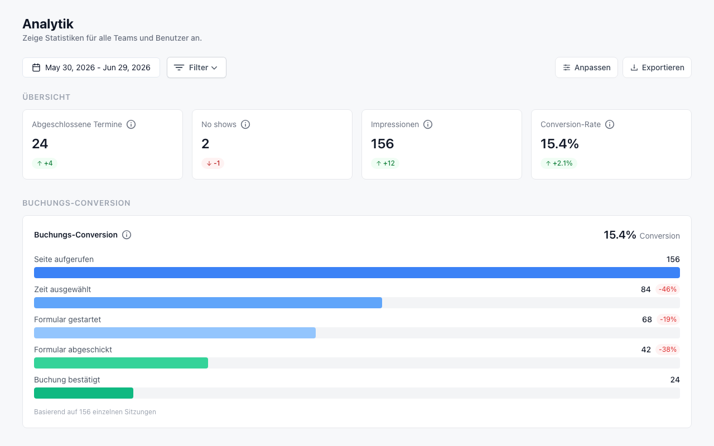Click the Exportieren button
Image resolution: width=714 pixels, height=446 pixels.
click(x=657, y=67)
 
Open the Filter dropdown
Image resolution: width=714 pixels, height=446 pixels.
click(x=196, y=67)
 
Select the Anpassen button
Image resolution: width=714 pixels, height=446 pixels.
click(x=586, y=67)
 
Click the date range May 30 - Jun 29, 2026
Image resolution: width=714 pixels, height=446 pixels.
click(x=91, y=67)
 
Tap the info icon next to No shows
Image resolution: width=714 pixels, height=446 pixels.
click(x=245, y=124)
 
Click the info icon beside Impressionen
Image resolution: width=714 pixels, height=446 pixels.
click(x=428, y=124)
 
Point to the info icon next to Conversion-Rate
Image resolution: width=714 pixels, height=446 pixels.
click(x=610, y=124)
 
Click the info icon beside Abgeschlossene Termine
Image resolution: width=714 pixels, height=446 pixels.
click(x=131, y=124)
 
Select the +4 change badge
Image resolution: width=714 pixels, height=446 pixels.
click(x=45, y=163)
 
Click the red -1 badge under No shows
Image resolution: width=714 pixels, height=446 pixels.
click(x=213, y=163)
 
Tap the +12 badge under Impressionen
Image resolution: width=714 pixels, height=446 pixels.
click(x=385, y=163)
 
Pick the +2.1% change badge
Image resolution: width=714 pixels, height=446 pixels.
click(x=559, y=163)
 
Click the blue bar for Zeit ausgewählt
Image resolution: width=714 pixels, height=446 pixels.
click(x=208, y=303)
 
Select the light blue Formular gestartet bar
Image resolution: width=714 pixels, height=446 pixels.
click(x=175, y=333)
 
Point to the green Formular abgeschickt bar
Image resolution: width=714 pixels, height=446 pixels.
click(x=121, y=363)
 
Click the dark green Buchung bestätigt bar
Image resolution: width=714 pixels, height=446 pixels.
click(x=84, y=393)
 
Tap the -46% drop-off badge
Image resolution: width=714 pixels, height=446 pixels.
click(x=668, y=289)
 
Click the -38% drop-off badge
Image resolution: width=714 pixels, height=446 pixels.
click(x=668, y=350)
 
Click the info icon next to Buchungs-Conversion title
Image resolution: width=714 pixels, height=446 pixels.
click(x=127, y=235)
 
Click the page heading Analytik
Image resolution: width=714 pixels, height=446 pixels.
click(x=48, y=24)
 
